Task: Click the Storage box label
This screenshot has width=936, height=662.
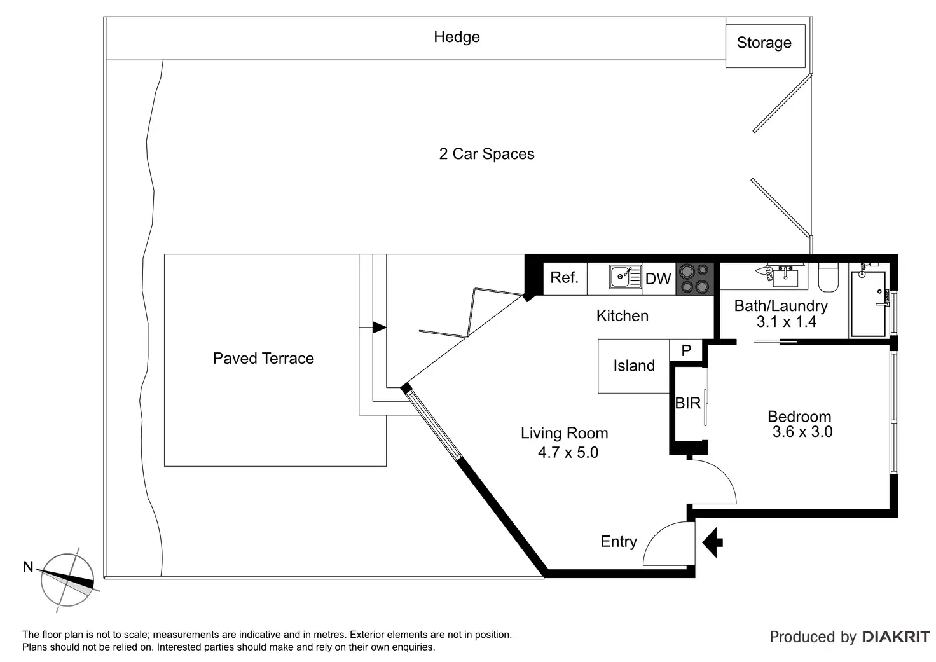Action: click(764, 43)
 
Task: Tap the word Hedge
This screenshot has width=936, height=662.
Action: click(457, 37)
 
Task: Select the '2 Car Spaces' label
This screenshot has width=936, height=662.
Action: click(486, 154)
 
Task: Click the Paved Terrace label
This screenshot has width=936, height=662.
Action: click(263, 359)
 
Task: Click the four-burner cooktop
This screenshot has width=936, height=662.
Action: click(694, 279)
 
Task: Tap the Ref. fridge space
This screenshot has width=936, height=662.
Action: click(565, 278)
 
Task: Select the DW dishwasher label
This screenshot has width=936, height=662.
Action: click(658, 279)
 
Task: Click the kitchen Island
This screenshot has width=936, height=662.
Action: click(633, 366)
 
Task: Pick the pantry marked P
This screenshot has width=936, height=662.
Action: click(686, 350)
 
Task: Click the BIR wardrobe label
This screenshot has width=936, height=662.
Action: click(687, 403)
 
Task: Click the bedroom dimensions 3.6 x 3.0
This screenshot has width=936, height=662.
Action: click(802, 432)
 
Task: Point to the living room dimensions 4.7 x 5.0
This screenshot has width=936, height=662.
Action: click(568, 453)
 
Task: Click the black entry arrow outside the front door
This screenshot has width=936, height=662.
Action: click(713, 542)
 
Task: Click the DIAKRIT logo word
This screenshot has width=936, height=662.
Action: click(895, 637)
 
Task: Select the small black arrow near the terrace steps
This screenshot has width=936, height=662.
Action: click(379, 328)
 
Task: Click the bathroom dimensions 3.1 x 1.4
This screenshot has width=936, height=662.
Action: click(787, 322)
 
